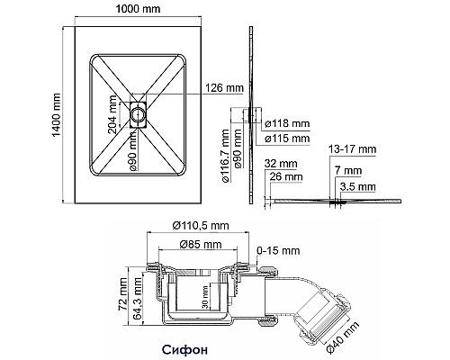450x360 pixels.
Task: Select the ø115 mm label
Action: [x=285, y=139]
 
